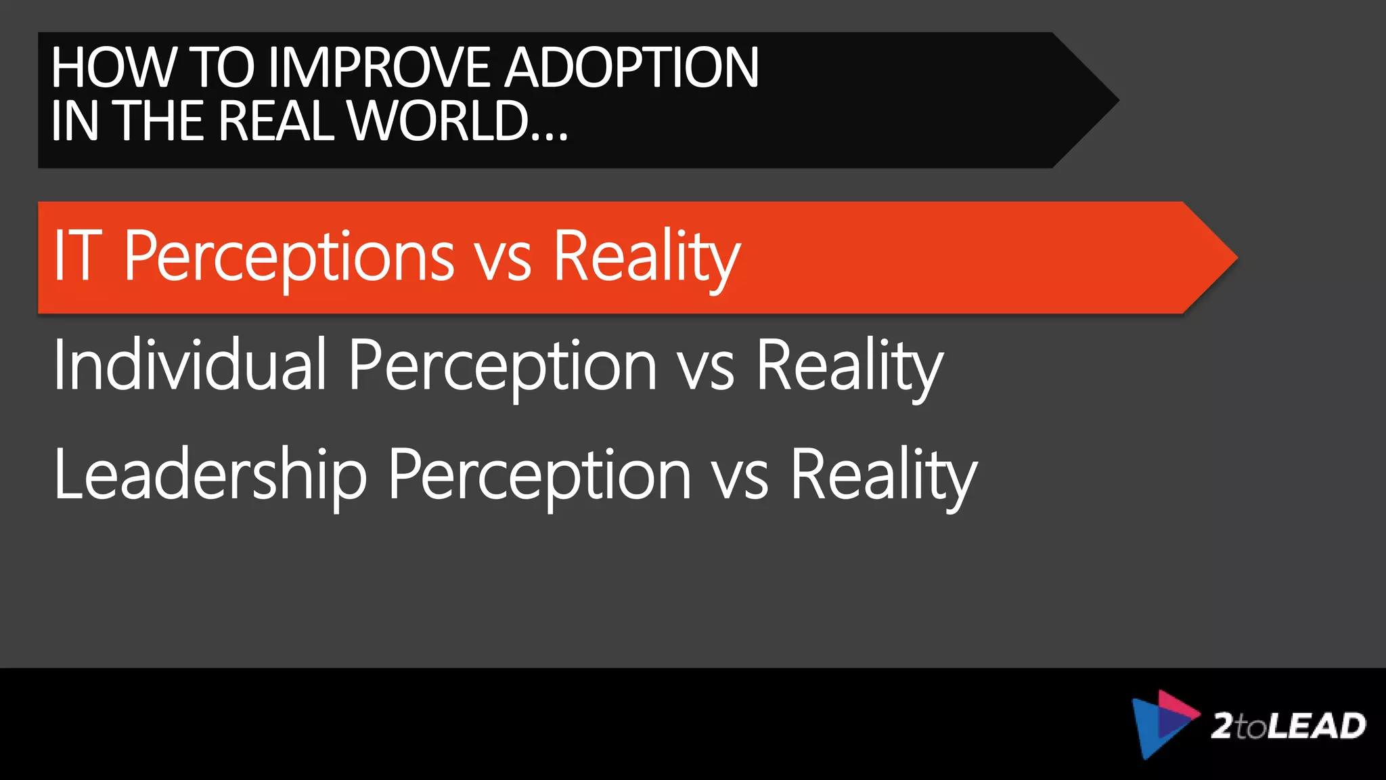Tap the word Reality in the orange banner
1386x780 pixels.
(x=646, y=257)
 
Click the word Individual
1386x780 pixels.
(x=190, y=366)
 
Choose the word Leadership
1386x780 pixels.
(x=210, y=475)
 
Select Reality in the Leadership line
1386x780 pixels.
(x=883, y=477)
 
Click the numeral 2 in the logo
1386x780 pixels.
(x=1223, y=726)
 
